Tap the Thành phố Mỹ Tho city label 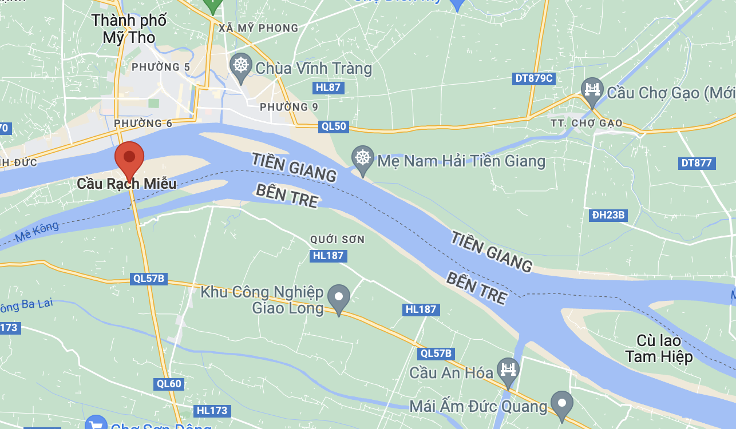(x=129, y=29)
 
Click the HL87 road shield (x=329, y=88)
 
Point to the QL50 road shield (x=333, y=126)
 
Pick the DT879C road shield (x=533, y=78)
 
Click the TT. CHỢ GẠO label (x=586, y=124)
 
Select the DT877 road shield (x=697, y=163)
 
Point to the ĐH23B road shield (x=608, y=216)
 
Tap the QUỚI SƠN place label (x=337, y=239)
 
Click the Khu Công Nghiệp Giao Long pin (x=339, y=297)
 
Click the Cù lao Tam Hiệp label (x=659, y=348)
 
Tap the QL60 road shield (x=168, y=384)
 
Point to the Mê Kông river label (x=37, y=232)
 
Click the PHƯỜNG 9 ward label (x=288, y=107)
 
